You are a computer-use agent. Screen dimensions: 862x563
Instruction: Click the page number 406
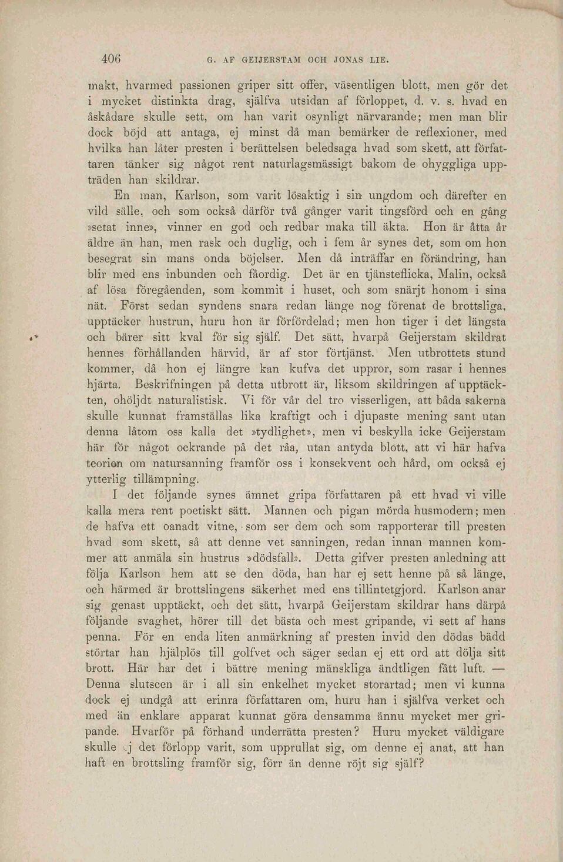[110, 59]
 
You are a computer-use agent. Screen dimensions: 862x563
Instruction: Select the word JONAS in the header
[350, 60]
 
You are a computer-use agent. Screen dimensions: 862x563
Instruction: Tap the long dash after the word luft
[500, 668]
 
